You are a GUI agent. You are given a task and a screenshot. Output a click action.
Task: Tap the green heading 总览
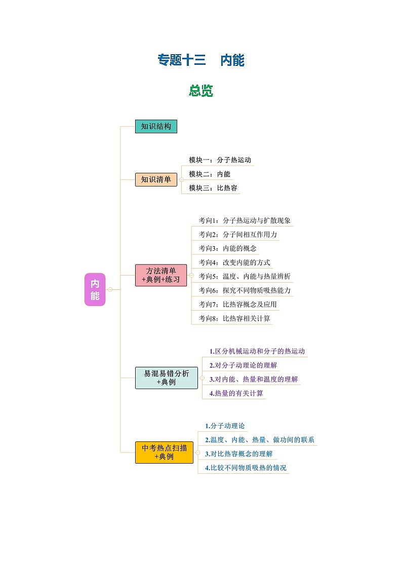(201, 91)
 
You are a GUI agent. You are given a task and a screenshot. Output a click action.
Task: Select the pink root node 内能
(95, 289)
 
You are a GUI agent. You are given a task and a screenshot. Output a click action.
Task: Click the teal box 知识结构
(156, 127)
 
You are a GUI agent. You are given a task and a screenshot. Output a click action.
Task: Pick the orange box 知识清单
(156, 179)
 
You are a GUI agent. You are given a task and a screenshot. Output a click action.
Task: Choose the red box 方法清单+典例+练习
(161, 275)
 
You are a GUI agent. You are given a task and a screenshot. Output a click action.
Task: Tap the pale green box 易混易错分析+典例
(167, 377)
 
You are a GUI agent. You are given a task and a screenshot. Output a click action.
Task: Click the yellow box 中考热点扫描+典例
(165, 452)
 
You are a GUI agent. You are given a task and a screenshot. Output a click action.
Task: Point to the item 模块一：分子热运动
(220, 160)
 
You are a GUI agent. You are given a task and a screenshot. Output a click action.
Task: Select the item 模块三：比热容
(213, 188)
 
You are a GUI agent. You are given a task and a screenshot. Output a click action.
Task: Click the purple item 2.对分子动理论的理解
(243, 365)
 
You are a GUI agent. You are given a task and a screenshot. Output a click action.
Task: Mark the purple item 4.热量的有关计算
(236, 393)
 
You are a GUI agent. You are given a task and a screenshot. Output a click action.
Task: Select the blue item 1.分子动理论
(224, 426)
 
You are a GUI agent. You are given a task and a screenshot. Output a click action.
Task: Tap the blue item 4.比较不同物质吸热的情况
(246, 468)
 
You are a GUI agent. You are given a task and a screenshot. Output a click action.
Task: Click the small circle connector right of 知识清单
(181, 179)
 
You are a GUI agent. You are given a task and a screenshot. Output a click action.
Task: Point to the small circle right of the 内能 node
(110, 289)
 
